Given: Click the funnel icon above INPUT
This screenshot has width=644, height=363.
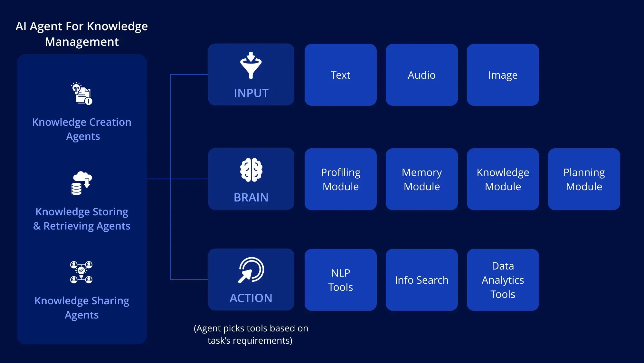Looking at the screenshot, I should (251, 66).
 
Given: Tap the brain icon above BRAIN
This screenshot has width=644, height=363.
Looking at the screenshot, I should (251, 170).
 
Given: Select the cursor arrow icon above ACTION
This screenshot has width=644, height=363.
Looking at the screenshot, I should (251, 270).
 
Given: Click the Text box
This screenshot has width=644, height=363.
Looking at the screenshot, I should (340, 75).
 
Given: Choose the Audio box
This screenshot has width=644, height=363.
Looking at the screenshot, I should (421, 75).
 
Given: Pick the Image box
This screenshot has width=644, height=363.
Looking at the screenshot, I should (503, 75).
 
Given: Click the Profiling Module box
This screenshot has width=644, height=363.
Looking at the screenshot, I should (340, 179).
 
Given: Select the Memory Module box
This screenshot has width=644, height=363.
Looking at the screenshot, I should (421, 179).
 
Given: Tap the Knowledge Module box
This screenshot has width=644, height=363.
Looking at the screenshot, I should (503, 179).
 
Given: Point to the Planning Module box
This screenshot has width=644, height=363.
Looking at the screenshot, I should (584, 179).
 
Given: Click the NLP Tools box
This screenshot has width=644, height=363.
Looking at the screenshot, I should (340, 280).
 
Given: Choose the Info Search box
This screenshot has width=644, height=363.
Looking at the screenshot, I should (421, 280).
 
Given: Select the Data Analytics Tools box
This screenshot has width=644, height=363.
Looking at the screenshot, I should (503, 280).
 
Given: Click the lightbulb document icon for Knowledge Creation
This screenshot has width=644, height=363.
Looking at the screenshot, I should (81, 93).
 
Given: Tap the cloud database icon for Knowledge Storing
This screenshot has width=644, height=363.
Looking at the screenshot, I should (81, 183).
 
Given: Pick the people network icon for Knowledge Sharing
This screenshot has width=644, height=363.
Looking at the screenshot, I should (81, 272).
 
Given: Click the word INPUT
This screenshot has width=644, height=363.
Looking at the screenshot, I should (251, 93).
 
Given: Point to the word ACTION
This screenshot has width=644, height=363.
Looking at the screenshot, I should (251, 298).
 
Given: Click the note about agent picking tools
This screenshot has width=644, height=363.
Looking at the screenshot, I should (251, 334).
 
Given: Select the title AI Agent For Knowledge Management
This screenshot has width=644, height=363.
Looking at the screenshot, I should (82, 34).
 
